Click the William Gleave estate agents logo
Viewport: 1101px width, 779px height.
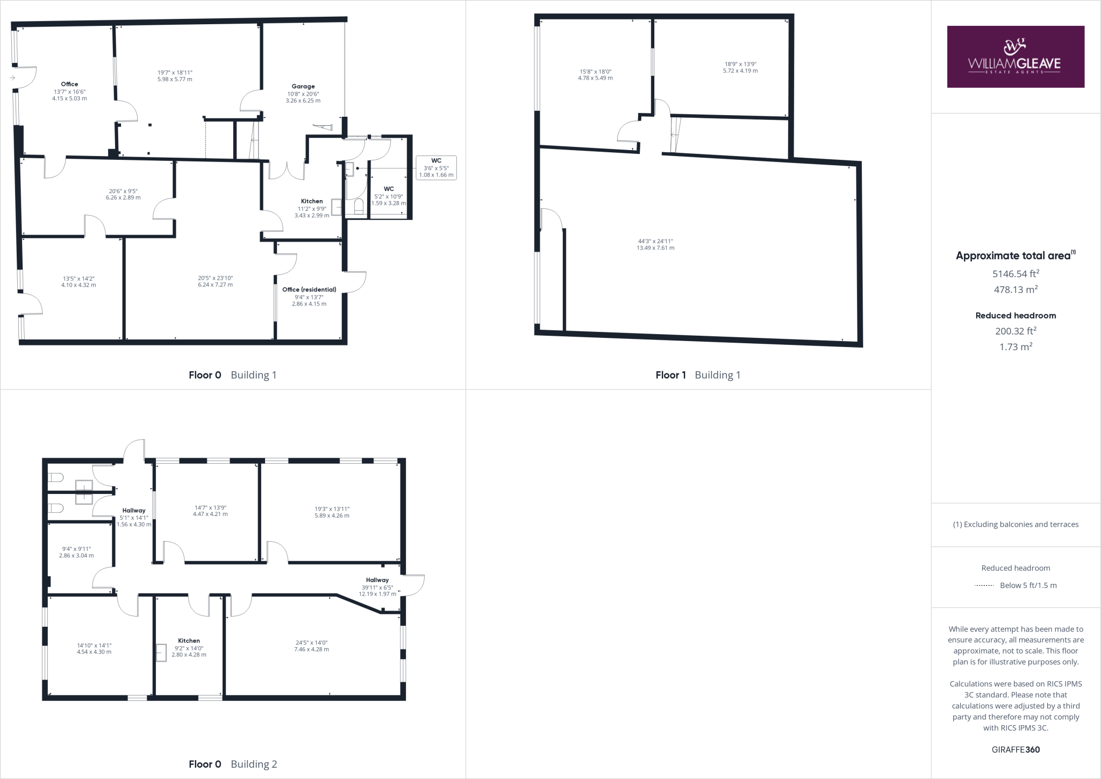coord(1015,56)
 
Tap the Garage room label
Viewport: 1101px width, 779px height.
coord(303,86)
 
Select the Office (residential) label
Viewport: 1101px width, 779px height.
coord(309,289)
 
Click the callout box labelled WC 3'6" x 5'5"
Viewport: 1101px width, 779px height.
coord(436,167)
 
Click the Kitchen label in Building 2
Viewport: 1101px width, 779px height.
coord(189,641)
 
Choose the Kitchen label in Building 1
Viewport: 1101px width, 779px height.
coord(312,201)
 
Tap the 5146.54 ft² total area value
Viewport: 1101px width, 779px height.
coord(1015,274)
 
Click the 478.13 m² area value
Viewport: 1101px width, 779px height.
coord(1015,289)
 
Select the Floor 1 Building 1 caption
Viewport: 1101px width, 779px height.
coord(698,375)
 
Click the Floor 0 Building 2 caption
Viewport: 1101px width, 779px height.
coord(233,764)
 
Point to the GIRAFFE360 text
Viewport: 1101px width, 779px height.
coord(1016,749)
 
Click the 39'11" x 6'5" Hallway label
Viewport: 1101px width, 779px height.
coord(377,587)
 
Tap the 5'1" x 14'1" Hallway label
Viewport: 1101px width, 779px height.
coord(134,517)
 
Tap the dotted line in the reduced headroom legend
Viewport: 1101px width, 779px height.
coord(984,585)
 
